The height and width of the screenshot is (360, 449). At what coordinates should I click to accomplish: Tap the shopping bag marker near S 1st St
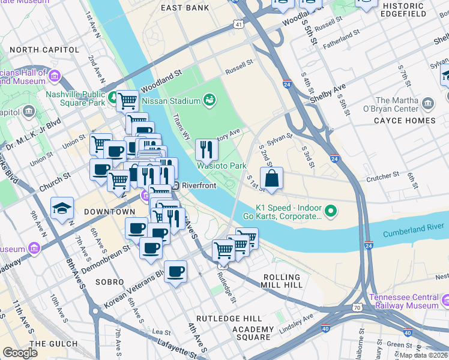[271, 178]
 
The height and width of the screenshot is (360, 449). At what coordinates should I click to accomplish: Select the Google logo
[20, 353]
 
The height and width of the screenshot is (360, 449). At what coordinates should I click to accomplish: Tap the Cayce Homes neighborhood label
[406, 121]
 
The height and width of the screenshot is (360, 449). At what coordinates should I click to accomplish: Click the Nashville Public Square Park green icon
[113, 95]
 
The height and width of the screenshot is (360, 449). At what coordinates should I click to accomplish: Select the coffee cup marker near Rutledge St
[175, 271]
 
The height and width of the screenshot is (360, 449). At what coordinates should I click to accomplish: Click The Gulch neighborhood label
[46, 344]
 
